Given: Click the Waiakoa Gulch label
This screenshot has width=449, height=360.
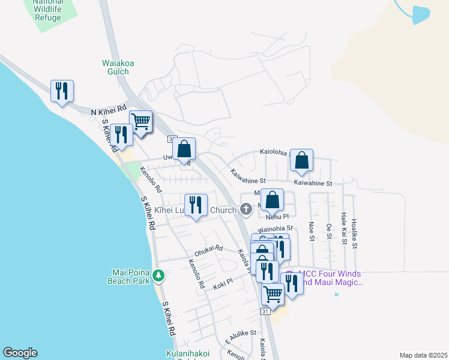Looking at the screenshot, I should coord(116,67).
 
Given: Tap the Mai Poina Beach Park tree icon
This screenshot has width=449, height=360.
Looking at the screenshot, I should coord(158,276).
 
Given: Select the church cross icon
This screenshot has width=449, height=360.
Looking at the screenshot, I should coord(246,209).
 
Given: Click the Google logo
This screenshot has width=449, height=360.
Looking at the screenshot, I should coord(20,353).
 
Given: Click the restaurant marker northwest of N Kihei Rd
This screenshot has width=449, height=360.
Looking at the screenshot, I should coord(62,92).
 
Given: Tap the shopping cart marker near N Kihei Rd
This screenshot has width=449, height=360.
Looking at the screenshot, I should coord(141,122).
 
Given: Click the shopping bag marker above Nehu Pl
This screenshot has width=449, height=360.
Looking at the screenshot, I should coord(272,201).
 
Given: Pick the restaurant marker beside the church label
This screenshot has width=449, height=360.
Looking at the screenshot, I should coord(196,206).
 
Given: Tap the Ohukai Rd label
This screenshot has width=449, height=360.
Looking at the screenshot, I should coord(209,249).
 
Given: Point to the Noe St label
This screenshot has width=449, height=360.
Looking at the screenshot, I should coord(312,230).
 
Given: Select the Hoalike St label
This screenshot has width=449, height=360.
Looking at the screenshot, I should coord(354,233).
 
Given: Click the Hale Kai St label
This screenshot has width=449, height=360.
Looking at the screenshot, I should coord(343,229).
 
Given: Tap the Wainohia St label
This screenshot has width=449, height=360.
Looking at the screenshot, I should coord(275,229).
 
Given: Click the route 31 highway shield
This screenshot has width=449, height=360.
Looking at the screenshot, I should coord(265,311).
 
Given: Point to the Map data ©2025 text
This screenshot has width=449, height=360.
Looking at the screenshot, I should coord(423,355).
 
